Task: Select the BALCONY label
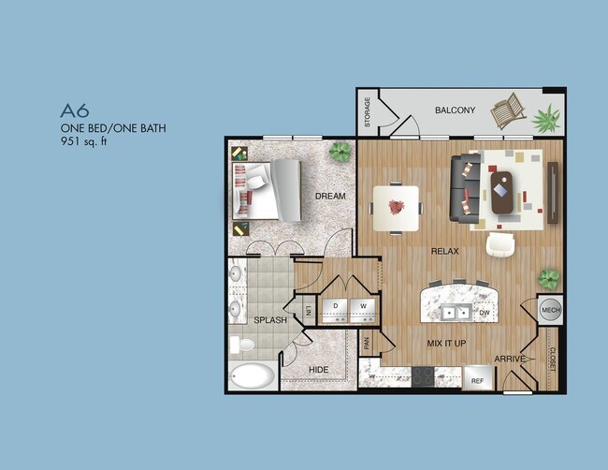456,110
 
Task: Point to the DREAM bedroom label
330,197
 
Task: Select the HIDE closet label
319,370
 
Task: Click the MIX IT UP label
446,344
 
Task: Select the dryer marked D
336,309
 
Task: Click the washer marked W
362,309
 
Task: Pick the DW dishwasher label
485,313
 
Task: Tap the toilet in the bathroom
243,345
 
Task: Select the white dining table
397,207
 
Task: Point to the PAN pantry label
367,344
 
